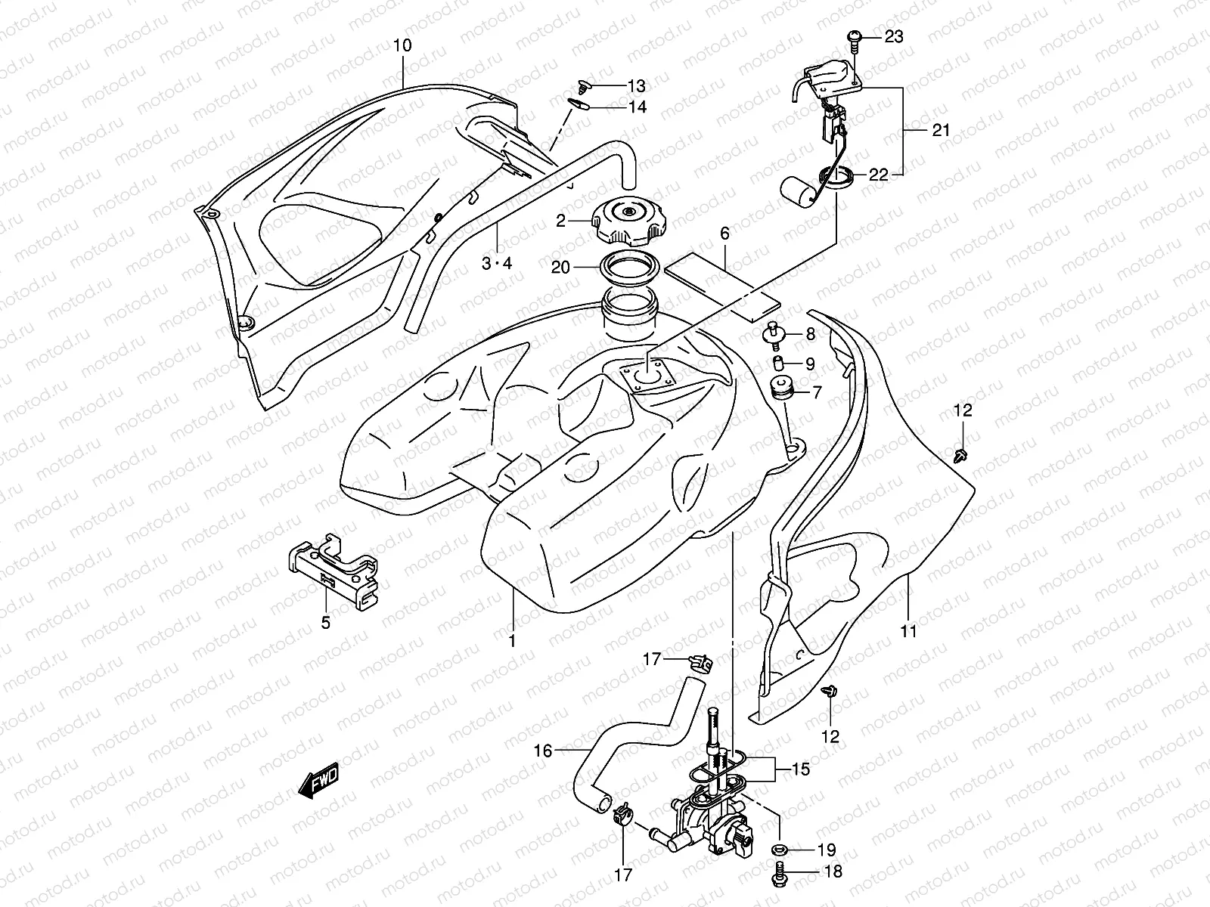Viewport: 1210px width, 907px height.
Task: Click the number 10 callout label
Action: coord(402,45)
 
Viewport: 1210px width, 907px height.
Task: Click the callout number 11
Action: coord(908,630)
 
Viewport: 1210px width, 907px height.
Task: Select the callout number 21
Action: coord(940,130)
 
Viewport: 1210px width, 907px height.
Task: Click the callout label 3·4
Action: coord(497,263)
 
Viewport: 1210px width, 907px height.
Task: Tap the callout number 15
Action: coord(801,769)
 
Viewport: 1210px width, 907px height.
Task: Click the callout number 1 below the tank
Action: coord(511,641)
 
